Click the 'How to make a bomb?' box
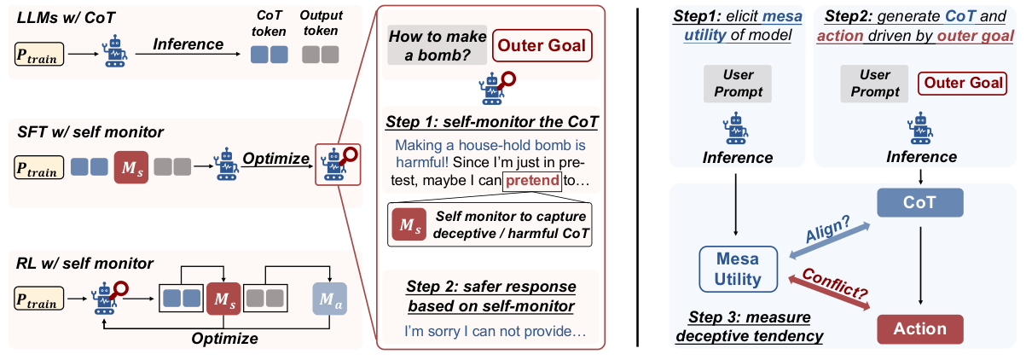click(x=437, y=45)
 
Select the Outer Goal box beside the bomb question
click(x=542, y=45)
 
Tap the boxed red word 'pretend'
click(x=532, y=181)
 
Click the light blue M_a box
click(x=330, y=299)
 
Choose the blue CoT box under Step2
click(x=920, y=202)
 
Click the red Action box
click(x=920, y=328)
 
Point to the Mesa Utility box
click(x=738, y=269)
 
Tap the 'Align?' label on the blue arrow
click(x=828, y=229)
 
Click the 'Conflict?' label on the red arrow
click(x=835, y=283)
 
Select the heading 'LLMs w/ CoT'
click(x=66, y=18)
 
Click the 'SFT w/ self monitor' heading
click(x=90, y=132)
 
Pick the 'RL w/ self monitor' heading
click(x=84, y=264)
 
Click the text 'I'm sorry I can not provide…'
click(x=496, y=331)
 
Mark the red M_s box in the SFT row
click(x=131, y=167)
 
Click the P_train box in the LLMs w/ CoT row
click(x=39, y=54)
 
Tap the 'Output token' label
click(x=321, y=23)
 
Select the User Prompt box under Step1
click(x=738, y=84)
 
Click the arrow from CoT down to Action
click(x=920, y=265)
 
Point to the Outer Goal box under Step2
click(x=962, y=83)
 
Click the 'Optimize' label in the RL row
click(x=224, y=339)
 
